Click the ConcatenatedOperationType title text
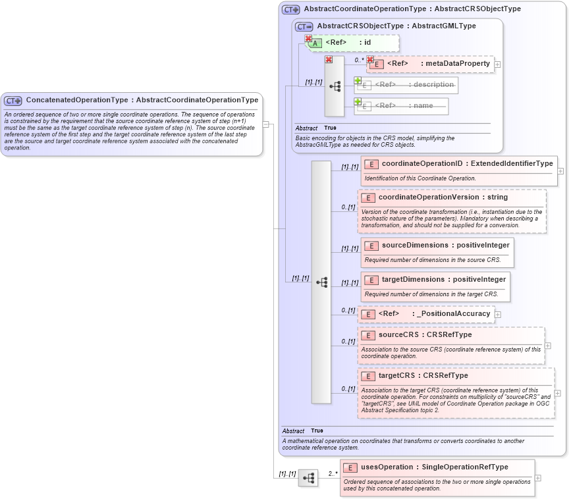[x=142, y=100]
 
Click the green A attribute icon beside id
[x=315, y=43]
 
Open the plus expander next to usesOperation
[x=538, y=478]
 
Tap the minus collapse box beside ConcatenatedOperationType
[x=265, y=124]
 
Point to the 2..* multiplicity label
[x=333, y=473]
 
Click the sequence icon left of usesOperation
[x=308, y=478]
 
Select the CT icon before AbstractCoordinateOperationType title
[x=290, y=9]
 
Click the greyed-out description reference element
[x=406, y=85]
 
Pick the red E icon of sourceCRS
[x=368, y=335]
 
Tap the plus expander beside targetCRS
[x=558, y=393]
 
